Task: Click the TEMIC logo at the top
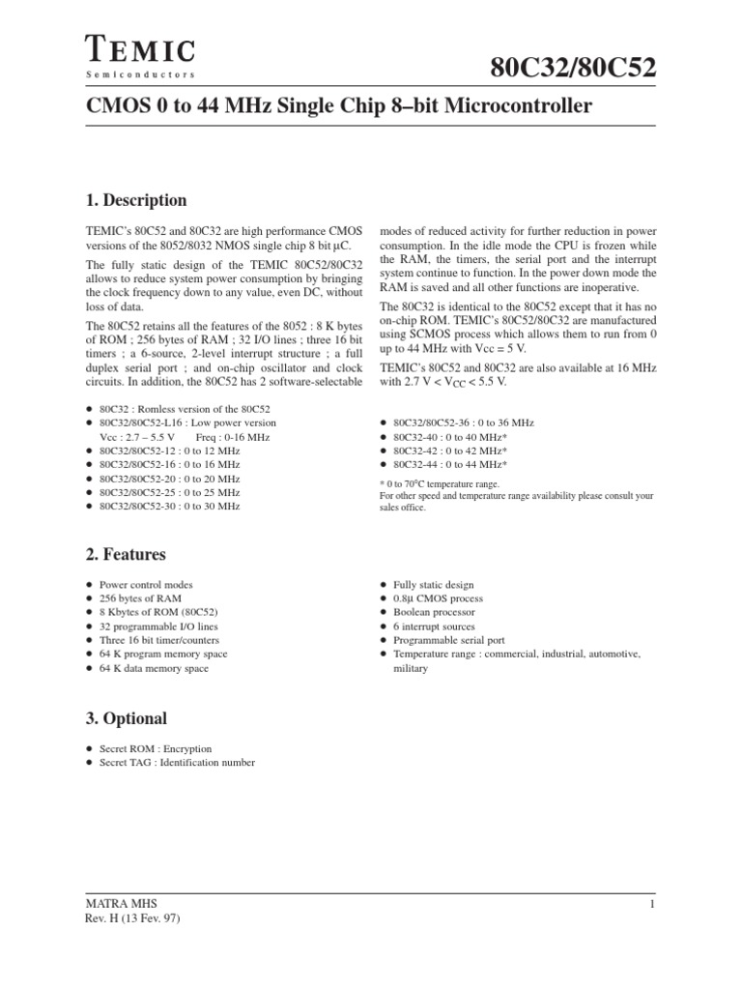tap(140, 47)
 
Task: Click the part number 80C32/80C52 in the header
tap(573, 68)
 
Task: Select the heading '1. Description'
tap(136, 201)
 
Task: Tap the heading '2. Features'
tap(126, 555)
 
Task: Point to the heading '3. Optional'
tap(127, 718)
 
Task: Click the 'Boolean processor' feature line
tap(434, 612)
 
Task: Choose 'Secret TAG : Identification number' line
tap(177, 763)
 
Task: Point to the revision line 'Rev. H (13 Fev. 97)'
tap(133, 919)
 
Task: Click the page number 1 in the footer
tap(652, 904)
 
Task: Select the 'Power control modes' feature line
tap(146, 585)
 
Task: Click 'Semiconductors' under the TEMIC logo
tap(140, 75)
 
